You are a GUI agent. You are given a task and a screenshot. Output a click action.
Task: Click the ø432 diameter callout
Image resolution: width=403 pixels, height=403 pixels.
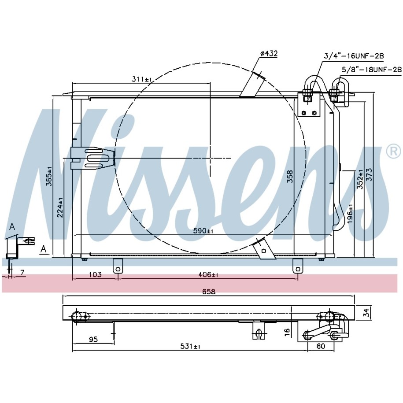269,54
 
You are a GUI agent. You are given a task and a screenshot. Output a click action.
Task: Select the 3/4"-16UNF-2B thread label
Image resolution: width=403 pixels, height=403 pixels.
354,56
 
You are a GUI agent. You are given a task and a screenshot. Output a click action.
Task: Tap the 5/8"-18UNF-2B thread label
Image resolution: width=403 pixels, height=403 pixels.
371,70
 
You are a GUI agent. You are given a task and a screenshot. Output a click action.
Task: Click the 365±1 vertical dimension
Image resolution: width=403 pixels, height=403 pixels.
49,176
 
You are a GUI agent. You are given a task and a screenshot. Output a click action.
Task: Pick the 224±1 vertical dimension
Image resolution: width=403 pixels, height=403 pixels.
60,207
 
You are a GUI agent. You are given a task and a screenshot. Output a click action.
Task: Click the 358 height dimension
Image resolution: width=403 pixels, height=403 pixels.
290,176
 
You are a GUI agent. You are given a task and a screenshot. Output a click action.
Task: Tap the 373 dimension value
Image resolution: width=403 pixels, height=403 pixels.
369,174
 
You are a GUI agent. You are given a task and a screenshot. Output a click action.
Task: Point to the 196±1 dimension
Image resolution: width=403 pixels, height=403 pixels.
350,214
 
